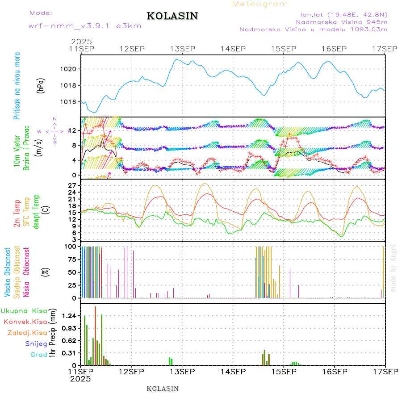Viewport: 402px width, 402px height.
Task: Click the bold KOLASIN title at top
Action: [x=172, y=16]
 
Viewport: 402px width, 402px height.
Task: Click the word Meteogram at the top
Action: [x=260, y=4]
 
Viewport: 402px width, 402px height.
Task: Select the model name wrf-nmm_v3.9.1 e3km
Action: [x=84, y=26]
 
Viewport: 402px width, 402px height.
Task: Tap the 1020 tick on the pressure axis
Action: [x=71, y=69]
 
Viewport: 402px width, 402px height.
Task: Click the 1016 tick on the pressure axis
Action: [x=71, y=102]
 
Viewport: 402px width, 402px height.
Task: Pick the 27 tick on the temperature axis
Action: [x=73, y=185]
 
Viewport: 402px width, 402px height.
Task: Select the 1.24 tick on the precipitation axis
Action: [x=71, y=316]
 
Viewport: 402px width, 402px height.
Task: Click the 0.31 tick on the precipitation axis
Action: [x=71, y=353]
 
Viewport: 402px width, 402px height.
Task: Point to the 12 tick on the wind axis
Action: [x=73, y=130]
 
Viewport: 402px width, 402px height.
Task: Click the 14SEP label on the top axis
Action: [x=233, y=48]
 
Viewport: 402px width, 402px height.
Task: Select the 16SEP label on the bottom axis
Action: [x=334, y=372]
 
